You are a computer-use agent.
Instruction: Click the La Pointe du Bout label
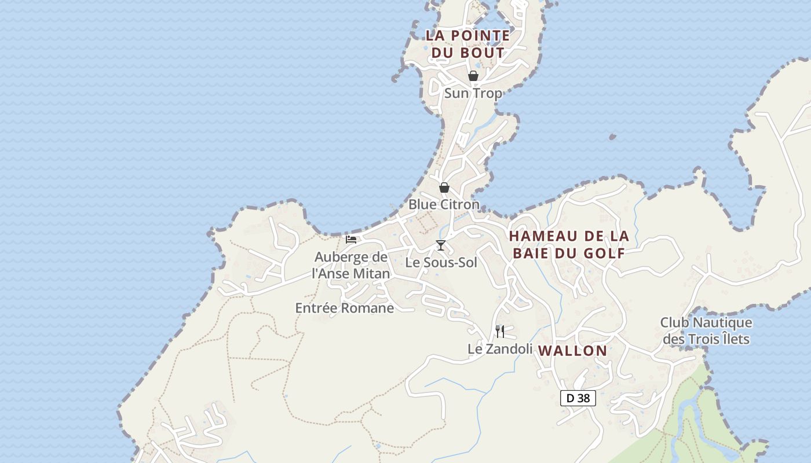[468, 44]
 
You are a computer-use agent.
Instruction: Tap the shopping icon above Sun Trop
[473, 76]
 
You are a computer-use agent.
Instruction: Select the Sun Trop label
[473, 93]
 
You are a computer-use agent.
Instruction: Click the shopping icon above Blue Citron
[444, 188]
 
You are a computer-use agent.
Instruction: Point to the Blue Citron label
[444, 204]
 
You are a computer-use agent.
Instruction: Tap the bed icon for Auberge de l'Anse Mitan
[351, 240]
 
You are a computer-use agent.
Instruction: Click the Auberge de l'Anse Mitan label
[351, 265]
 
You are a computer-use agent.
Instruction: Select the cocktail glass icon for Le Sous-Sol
[441, 245]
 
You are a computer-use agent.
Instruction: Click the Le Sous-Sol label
[441, 262]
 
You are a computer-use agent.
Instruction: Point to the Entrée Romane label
[345, 308]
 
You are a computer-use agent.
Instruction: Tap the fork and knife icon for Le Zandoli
[500, 332]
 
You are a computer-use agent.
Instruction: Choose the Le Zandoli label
[500, 349]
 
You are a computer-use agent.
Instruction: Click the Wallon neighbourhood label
[573, 351]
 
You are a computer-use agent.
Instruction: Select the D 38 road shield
[578, 398]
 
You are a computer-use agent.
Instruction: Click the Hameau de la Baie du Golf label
[569, 244]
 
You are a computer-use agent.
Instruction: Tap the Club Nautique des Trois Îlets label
[706, 330]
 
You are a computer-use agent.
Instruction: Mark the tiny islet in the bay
[612, 137]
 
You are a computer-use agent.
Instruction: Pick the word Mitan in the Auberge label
[370, 273]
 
